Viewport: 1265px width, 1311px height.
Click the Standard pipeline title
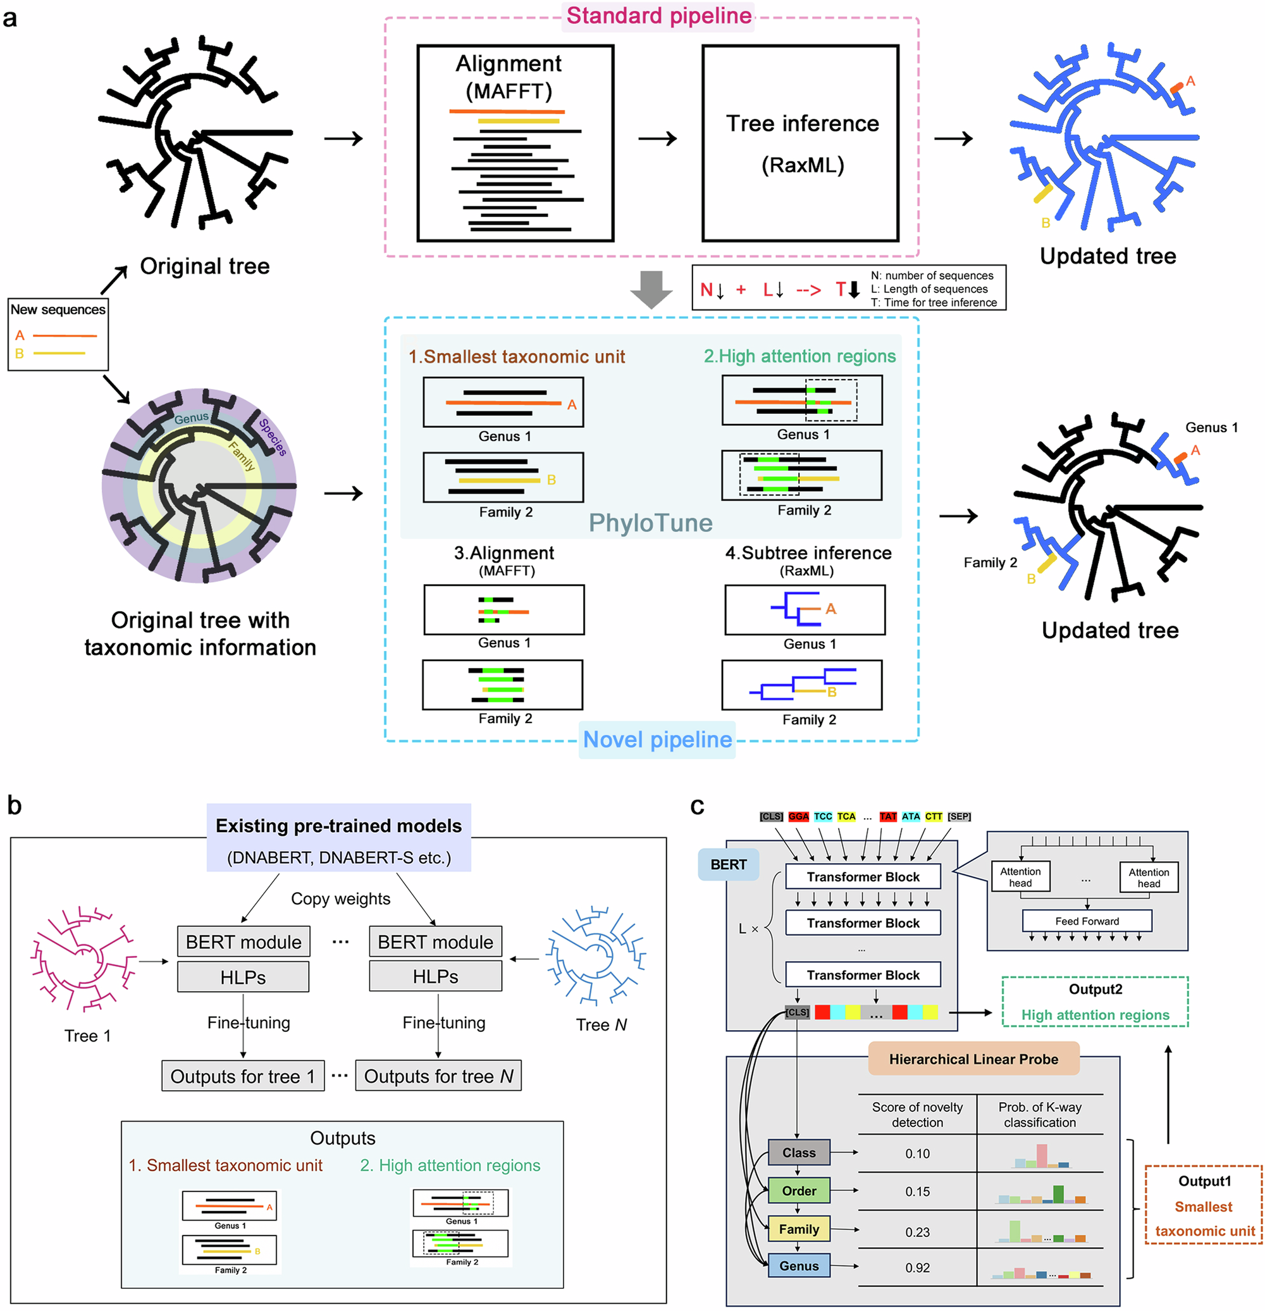tap(658, 15)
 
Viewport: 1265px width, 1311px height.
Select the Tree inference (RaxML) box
tap(801, 143)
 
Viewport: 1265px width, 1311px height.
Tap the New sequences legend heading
tap(58, 309)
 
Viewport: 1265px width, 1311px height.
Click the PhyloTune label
tap(650, 523)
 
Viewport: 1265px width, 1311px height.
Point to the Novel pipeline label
tap(657, 739)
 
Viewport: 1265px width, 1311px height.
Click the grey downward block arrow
tap(651, 289)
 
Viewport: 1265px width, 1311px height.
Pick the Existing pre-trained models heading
tap(338, 826)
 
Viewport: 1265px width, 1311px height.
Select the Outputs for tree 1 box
tap(243, 1076)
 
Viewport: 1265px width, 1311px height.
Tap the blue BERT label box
tap(728, 864)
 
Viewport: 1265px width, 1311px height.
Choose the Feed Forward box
tap(1087, 921)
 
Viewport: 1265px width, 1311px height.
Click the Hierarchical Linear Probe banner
tap(973, 1059)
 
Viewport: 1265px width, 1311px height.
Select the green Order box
tap(798, 1191)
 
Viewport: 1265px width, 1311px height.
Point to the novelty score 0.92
tap(916, 1267)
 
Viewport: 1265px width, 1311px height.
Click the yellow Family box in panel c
tap(798, 1229)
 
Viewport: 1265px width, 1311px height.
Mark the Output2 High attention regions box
tap(1094, 1002)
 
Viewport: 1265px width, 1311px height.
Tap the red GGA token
tap(798, 817)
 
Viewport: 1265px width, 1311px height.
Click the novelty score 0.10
tap(916, 1153)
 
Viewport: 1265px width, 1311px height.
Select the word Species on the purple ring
tap(273, 437)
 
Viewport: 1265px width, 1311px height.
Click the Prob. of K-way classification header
tap(1039, 1114)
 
